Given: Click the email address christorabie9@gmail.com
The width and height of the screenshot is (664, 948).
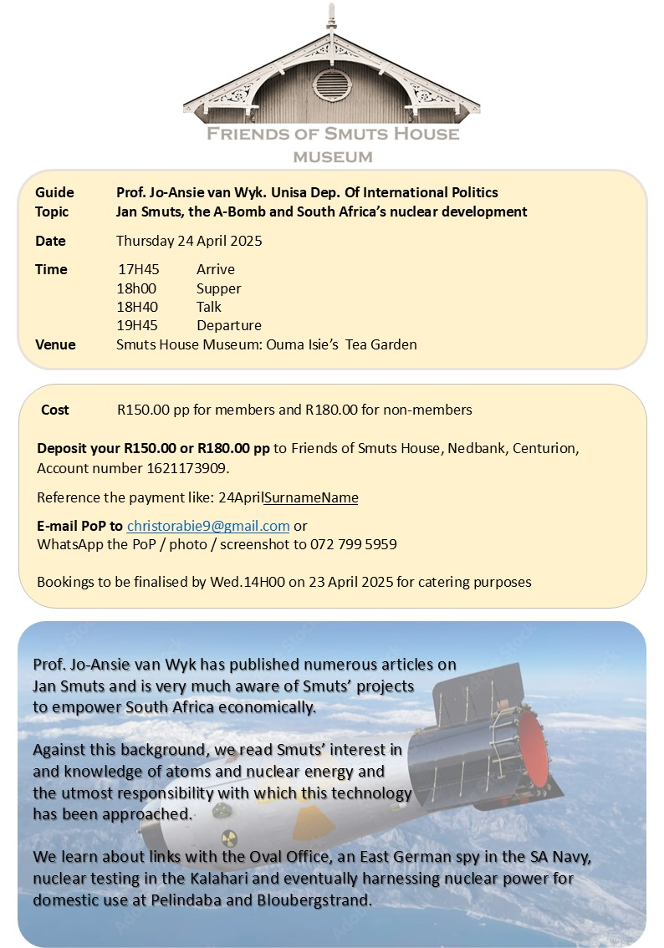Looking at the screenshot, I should pyautogui.click(x=208, y=526).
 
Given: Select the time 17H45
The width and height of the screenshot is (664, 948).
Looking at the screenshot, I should pyautogui.click(x=138, y=269).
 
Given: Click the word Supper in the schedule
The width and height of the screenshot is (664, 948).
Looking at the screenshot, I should pyautogui.click(x=219, y=288).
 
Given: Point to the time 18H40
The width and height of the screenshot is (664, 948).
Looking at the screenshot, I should pyautogui.click(x=138, y=307).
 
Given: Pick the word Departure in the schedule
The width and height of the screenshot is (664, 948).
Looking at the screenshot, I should pyautogui.click(x=229, y=325).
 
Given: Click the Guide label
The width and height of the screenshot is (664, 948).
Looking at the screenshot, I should pyautogui.click(x=54, y=193).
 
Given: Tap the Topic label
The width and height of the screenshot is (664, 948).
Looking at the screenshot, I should pyautogui.click(x=52, y=212).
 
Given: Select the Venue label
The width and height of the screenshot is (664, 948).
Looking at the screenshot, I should pyautogui.click(x=55, y=344).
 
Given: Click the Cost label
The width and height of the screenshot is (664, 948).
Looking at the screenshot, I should pyautogui.click(x=55, y=410).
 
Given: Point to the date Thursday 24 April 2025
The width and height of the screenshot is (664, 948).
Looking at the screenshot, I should pyautogui.click(x=189, y=241).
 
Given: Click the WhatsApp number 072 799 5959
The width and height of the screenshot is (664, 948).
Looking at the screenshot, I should pyautogui.click(x=355, y=544).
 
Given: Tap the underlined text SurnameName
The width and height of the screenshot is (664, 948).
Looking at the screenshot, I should pyautogui.click(x=311, y=497).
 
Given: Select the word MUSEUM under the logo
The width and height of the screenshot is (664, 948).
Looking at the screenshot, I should pyautogui.click(x=332, y=156).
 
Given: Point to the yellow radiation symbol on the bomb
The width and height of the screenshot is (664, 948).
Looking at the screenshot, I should pyautogui.click(x=229, y=838).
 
